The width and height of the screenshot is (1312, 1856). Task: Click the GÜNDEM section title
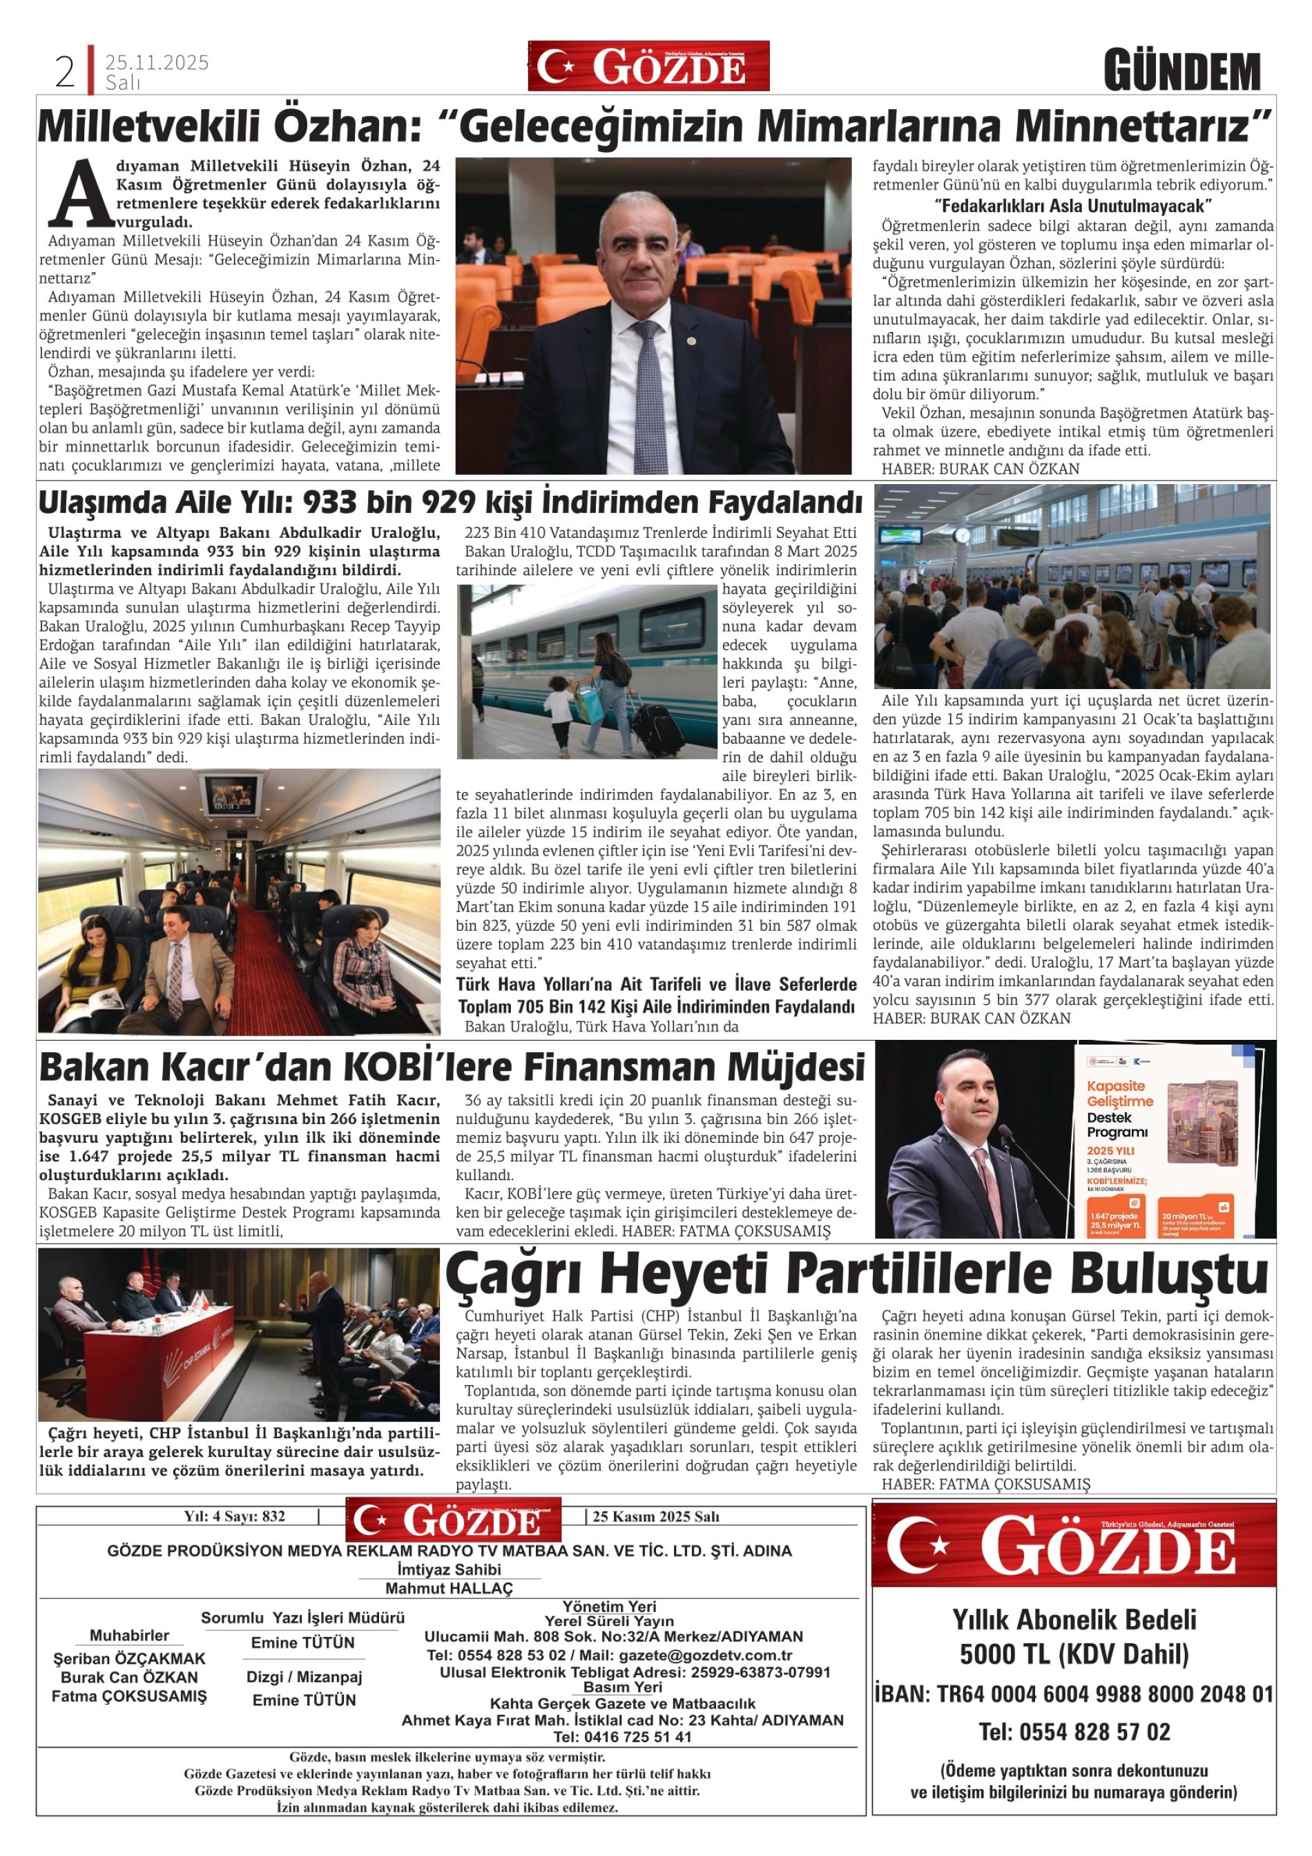1182,72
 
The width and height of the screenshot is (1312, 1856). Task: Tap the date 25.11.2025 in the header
157,62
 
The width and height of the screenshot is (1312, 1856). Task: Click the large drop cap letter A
79,194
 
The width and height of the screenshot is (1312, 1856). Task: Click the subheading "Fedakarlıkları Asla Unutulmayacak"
1072,204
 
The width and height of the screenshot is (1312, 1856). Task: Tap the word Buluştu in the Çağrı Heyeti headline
1164,1275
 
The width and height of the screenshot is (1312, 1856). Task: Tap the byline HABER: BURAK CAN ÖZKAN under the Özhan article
980,469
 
